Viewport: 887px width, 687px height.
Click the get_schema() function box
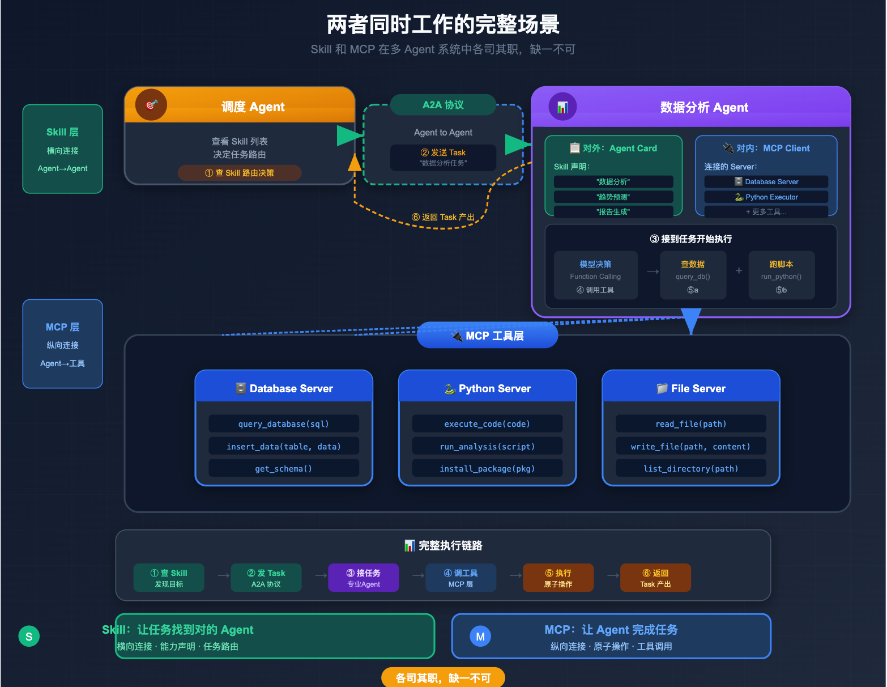(x=284, y=468)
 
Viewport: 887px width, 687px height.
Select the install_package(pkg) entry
(x=487, y=468)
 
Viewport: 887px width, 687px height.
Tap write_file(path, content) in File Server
(x=690, y=446)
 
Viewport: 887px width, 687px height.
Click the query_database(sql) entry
(x=284, y=423)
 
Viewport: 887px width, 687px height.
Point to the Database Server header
(x=284, y=388)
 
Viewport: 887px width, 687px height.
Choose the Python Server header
(x=487, y=388)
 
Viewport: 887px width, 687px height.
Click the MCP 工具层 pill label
(x=487, y=336)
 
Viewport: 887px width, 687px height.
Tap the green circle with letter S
(x=29, y=636)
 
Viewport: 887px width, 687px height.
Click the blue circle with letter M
(x=480, y=636)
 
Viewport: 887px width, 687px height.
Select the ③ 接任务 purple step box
(x=363, y=578)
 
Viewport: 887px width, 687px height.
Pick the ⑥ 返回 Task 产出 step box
(x=655, y=578)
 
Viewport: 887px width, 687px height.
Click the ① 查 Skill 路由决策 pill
(x=239, y=173)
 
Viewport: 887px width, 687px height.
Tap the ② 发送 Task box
(x=443, y=157)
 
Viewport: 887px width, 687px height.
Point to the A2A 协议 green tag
(x=443, y=105)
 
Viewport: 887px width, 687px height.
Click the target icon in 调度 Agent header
(x=151, y=105)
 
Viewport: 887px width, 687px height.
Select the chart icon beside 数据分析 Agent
(x=562, y=107)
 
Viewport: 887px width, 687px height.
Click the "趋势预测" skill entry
(x=613, y=197)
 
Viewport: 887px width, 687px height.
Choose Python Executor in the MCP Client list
(x=766, y=197)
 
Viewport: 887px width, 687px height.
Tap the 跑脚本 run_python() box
(x=781, y=275)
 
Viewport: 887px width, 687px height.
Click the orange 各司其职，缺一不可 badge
(x=443, y=677)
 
